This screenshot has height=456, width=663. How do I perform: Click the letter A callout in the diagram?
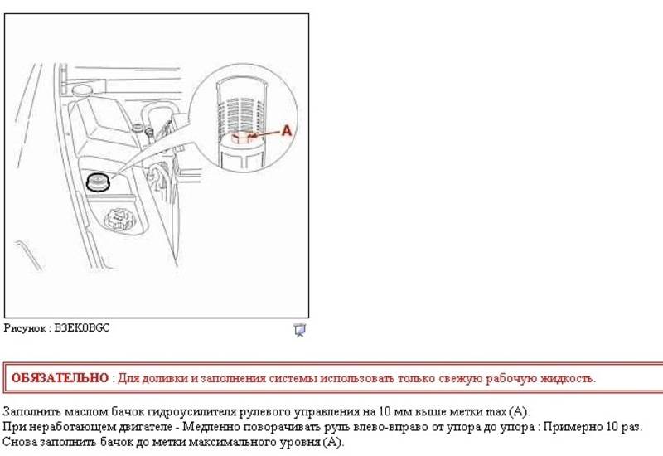click(286, 131)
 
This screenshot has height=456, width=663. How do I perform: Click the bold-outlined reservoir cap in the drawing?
click(98, 182)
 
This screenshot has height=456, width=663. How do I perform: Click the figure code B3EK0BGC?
click(81, 327)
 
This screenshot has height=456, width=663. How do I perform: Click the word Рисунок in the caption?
click(24, 328)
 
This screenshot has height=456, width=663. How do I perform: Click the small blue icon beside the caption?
click(300, 330)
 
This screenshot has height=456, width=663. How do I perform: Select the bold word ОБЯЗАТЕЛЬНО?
click(60, 378)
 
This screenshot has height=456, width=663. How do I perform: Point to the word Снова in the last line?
click(19, 442)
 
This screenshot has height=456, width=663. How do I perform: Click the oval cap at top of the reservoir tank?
click(82, 90)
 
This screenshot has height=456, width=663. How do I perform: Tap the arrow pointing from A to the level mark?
click(264, 134)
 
